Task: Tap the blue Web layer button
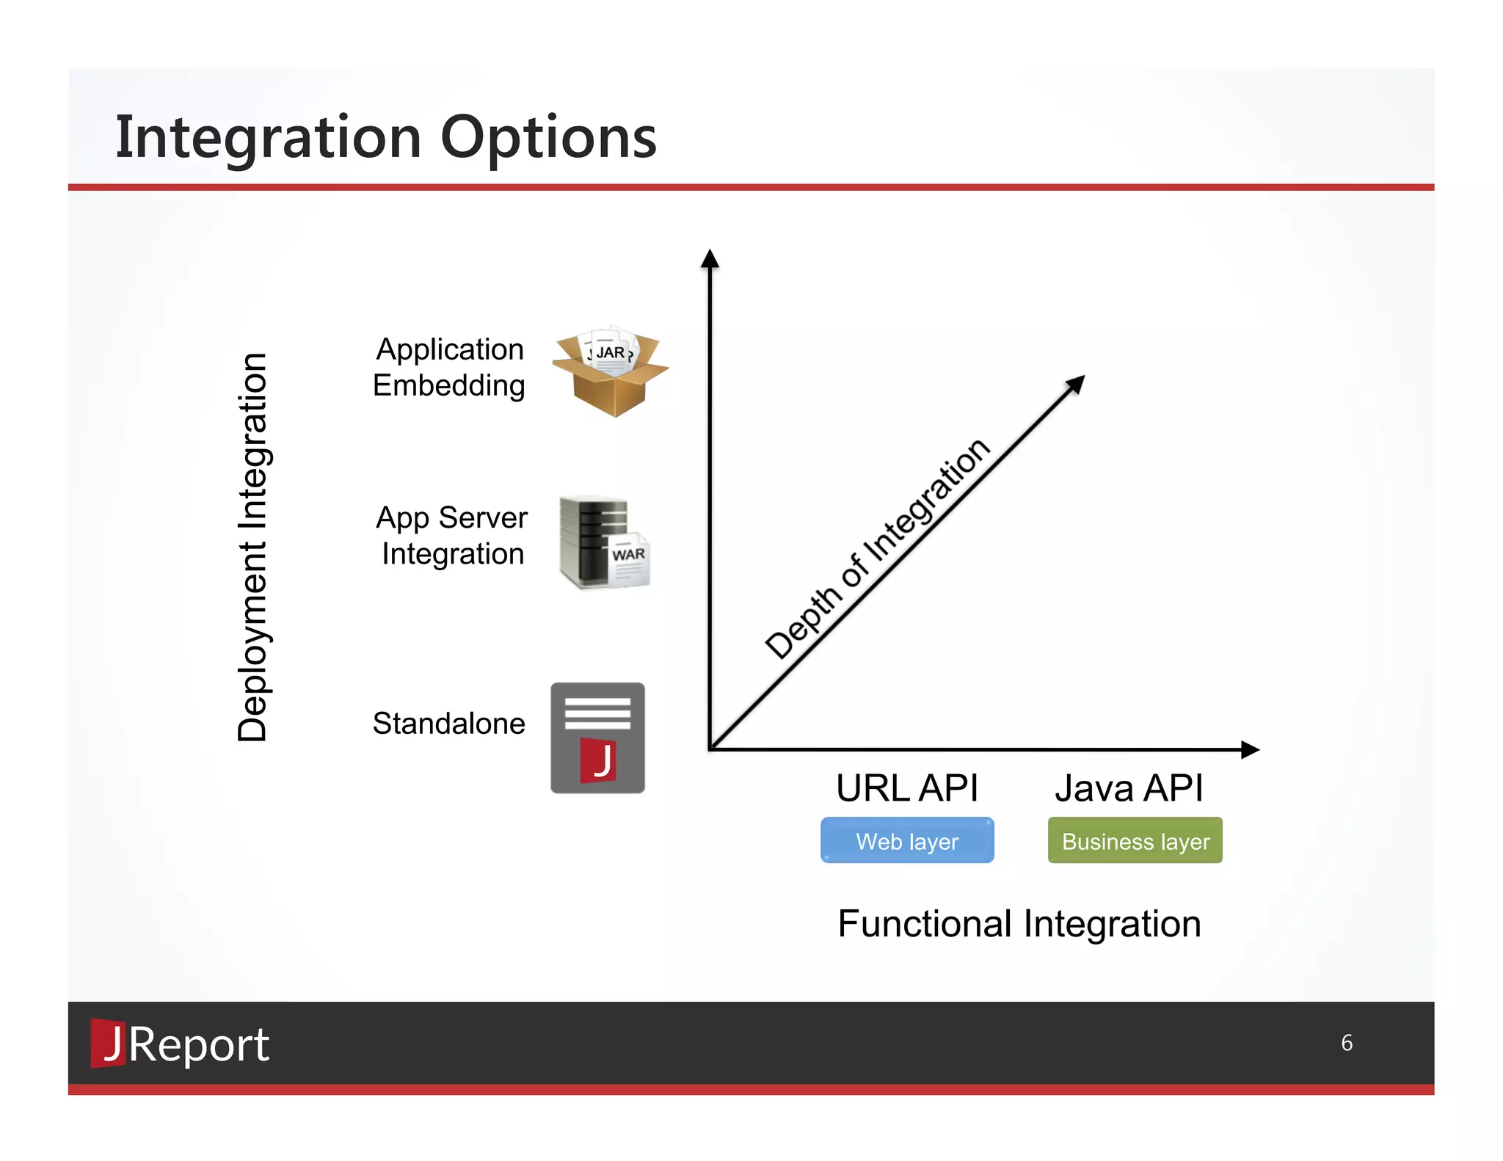[x=907, y=840]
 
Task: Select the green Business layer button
[x=1135, y=840]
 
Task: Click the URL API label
[x=907, y=788]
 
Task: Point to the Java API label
[x=1129, y=788]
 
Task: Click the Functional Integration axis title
[x=1019, y=923]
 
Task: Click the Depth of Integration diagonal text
[x=878, y=549]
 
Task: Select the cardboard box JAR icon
[x=610, y=372]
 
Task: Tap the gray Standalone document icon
[x=597, y=738]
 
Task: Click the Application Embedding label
[x=449, y=367]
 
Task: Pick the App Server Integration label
[x=451, y=536]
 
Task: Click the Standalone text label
[x=448, y=724]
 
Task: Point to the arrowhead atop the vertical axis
[x=710, y=258]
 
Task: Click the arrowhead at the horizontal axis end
[x=1250, y=749]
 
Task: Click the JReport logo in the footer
[x=180, y=1044]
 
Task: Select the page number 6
[x=1347, y=1043]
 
